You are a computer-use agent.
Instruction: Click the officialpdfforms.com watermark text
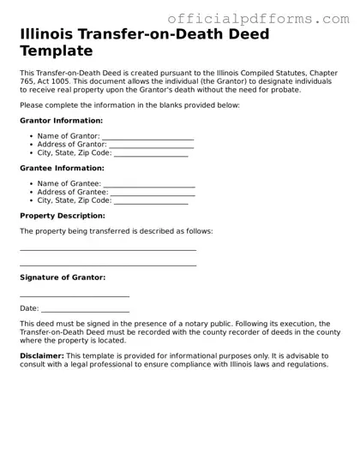(258, 18)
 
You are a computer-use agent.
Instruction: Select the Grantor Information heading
(61, 121)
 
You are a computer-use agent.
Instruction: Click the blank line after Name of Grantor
(147, 137)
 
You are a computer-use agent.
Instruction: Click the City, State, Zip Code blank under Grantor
(151, 154)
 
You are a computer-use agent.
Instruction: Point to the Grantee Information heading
(61, 169)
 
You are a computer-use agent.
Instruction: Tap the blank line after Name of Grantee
(149, 184)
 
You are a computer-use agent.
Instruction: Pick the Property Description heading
(63, 216)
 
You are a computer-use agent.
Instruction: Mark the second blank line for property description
(108, 265)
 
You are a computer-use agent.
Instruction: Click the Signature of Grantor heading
(63, 277)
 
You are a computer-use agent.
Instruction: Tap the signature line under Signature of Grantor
(75, 295)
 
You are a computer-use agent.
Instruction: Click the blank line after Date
(85, 310)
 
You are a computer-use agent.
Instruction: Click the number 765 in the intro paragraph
(29, 80)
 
